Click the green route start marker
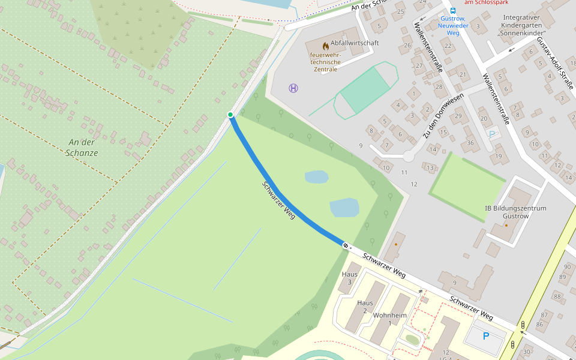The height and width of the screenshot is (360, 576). click(x=230, y=114)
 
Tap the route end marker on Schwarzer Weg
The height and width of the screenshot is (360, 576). click(x=346, y=245)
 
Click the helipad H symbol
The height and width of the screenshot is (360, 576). click(x=293, y=88)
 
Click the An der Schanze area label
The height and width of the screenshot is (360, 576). click(x=83, y=148)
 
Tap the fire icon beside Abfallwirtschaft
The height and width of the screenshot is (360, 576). click(x=326, y=45)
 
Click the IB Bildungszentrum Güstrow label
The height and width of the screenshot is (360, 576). click(x=515, y=212)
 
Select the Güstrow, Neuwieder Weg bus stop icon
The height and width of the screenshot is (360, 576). click(x=452, y=10)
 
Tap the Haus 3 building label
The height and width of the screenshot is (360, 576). click(x=350, y=278)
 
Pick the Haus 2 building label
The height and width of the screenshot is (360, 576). click(x=365, y=307)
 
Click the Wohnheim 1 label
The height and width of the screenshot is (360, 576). click(x=390, y=319)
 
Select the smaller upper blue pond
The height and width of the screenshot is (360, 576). click(x=316, y=177)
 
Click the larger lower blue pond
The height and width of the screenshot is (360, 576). click(x=344, y=208)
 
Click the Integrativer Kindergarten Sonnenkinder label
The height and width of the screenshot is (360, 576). click(x=522, y=25)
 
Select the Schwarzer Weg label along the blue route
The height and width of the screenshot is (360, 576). click(x=279, y=200)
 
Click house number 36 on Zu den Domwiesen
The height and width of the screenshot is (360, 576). click(x=470, y=142)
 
